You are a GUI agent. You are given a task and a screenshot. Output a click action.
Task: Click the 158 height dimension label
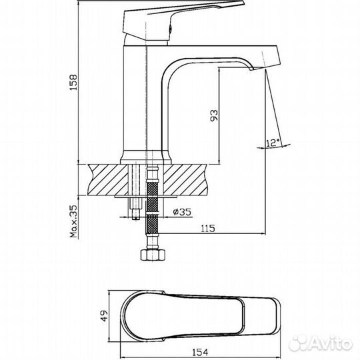[x=74, y=82]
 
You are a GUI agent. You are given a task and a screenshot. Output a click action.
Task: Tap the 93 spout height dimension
[x=214, y=115]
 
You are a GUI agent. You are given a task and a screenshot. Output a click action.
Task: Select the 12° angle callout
[x=273, y=143]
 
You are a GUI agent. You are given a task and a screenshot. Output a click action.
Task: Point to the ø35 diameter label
[x=182, y=212]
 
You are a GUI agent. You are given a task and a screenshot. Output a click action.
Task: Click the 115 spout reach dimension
[x=208, y=229]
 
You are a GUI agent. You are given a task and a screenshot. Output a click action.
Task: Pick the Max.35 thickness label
[x=74, y=221]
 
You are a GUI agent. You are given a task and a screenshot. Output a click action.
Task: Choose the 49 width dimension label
[x=104, y=316]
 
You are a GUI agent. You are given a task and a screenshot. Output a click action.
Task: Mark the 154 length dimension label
[x=200, y=352]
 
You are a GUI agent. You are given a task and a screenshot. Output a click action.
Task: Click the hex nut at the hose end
[x=153, y=255]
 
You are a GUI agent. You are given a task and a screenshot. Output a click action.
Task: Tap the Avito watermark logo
[x=321, y=343]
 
